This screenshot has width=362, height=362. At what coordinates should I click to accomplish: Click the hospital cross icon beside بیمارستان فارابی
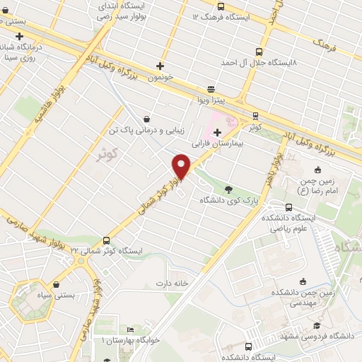click(216, 132)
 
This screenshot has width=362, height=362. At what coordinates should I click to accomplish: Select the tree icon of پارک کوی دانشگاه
click(228, 189)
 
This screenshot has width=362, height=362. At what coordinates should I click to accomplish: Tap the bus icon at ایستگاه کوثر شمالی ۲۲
click(106, 240)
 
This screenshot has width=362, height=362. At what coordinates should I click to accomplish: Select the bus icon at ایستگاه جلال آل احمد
click(259, 51)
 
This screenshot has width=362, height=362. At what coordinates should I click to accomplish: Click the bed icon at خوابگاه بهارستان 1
click(129, 329)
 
